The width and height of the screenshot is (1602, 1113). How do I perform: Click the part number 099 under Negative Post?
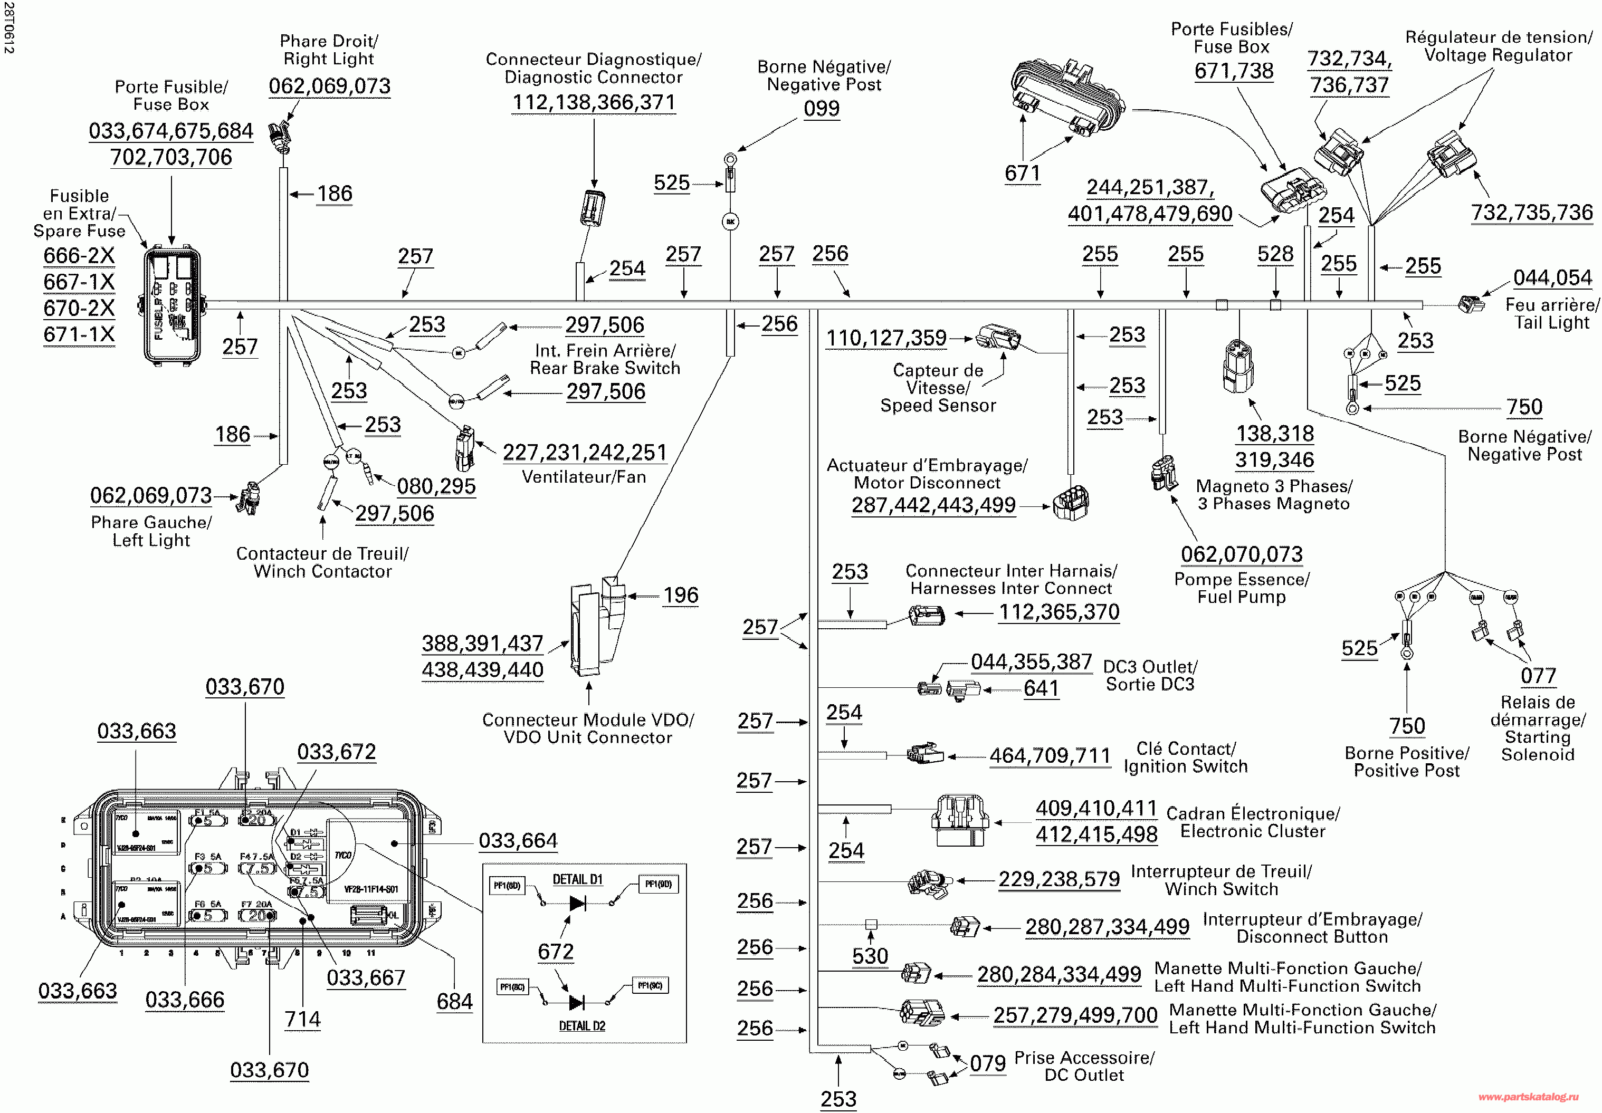(821, 109)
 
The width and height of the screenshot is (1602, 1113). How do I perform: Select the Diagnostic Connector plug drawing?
(592, 208)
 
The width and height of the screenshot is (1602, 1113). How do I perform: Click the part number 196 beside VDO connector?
(680, 596)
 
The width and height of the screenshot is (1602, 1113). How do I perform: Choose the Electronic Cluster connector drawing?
(960, 820)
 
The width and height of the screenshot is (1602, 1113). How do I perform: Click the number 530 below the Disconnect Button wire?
(870, 956)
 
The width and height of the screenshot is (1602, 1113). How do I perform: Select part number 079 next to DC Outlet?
(987, 1063)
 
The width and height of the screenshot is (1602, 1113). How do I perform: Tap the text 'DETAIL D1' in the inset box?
(577, 879)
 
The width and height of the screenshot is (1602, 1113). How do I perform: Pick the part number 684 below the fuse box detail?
(454, 1001)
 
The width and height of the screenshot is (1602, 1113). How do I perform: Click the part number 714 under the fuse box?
(302, 1020)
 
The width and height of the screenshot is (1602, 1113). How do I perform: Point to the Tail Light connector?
(1471, 304)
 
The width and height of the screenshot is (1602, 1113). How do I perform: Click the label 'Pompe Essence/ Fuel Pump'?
(1242, 588)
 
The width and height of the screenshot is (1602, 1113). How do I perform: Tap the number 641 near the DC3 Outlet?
(1041, 689)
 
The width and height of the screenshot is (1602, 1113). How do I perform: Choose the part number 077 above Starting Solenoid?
(1538, 676)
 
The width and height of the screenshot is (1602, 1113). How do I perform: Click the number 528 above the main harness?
(1275, 255)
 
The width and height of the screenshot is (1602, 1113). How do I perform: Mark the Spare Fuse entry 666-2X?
(79, 256)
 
